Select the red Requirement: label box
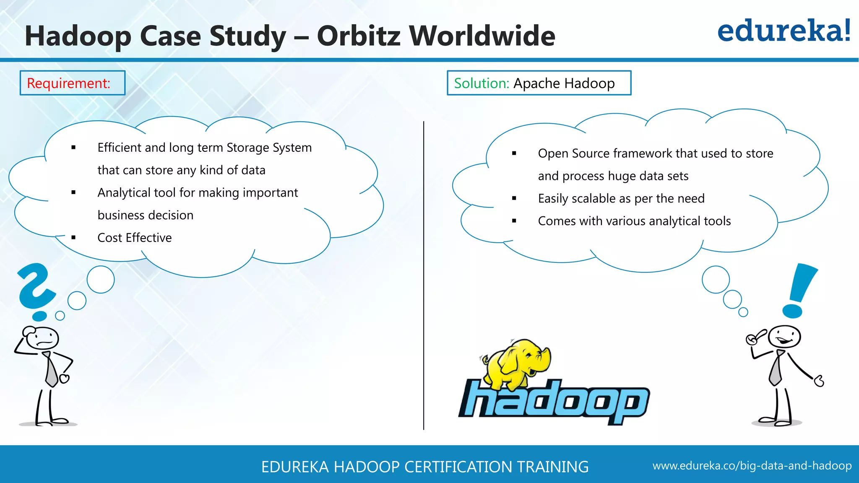pos(72,83)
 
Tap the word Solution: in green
pos(481,83)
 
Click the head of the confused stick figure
pos(41,338)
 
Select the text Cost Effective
pos(134,238)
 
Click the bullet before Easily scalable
pos(514,198)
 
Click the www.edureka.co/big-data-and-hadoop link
pos(752,466)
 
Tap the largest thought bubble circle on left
pos(101,279)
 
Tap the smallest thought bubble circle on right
pos(743,312)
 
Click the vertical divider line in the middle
pos(424,277)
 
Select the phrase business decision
pos(145,216)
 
